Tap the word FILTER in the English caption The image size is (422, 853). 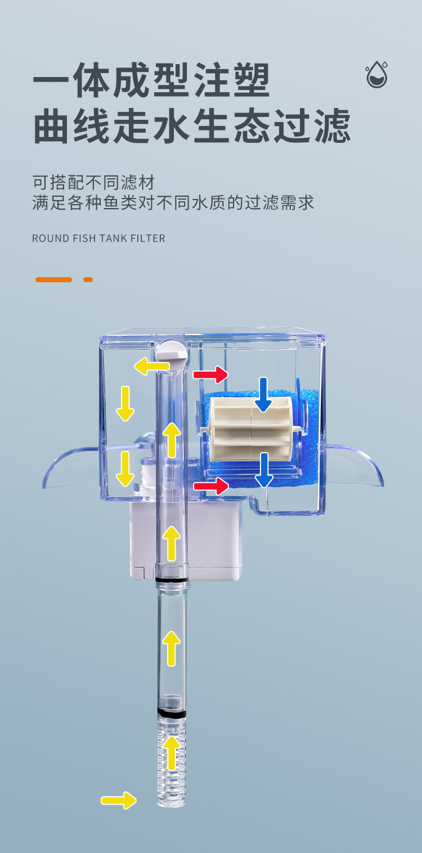[x=148, y=238]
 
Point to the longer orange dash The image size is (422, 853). [x=53, y=279]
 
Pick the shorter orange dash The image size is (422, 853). [x=88, y=279]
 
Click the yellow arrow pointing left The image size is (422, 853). [x=151, y=367]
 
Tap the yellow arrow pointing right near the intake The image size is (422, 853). [x=119, y=800]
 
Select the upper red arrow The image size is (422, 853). [x=210, y=374]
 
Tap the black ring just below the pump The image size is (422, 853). [x=171, y=580]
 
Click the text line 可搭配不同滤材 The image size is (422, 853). [x=93, y=183]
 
